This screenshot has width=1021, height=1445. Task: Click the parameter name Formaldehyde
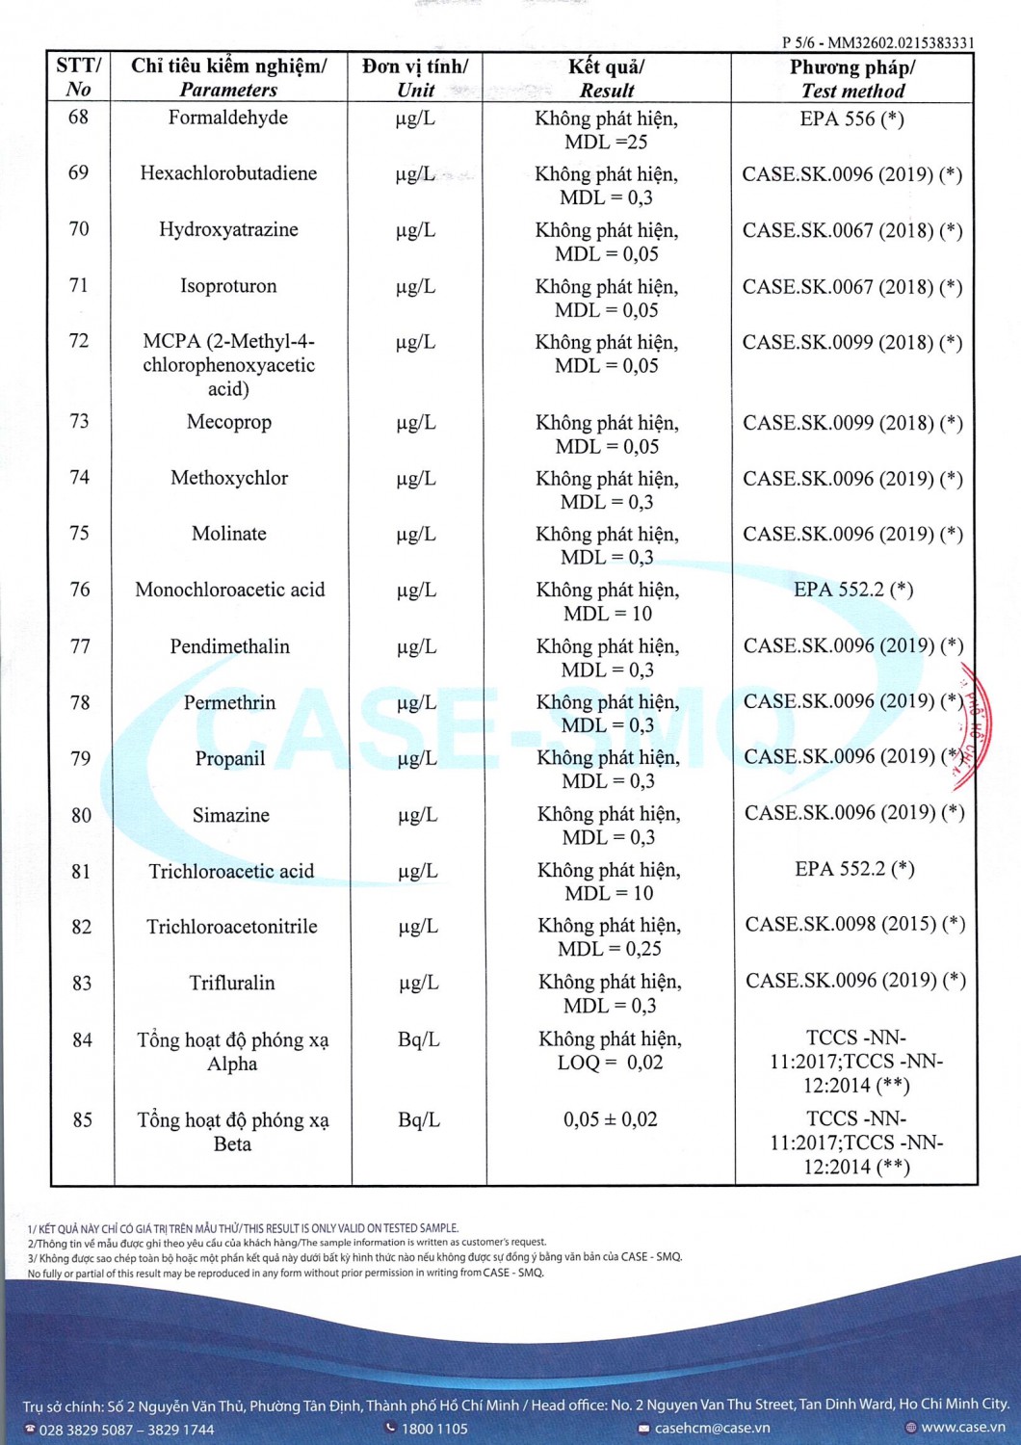[228, 118]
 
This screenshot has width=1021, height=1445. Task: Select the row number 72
[79, 341]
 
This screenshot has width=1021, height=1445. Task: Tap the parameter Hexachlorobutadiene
[228, 173]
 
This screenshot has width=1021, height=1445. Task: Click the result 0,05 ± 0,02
[610, 1119]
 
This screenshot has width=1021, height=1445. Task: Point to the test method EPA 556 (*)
[852, 118]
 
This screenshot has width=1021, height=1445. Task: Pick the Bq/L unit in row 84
[418, 1039]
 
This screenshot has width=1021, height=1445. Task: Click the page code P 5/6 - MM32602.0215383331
[877, 42]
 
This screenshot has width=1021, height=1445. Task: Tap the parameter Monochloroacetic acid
[230, 590]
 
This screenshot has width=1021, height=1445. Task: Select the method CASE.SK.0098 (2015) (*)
[854, 924]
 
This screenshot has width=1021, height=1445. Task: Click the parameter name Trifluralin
[232, 983]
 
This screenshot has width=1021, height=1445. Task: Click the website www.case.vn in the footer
[962, 1427]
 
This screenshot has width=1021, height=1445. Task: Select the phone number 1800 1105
[433, 1428]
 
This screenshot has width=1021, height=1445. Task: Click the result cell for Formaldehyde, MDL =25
[606, 130]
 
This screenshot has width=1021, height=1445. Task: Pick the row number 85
[83, 1119]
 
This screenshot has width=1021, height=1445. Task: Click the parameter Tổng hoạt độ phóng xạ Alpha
[232, 1051]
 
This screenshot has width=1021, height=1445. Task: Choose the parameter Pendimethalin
[230, 646]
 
